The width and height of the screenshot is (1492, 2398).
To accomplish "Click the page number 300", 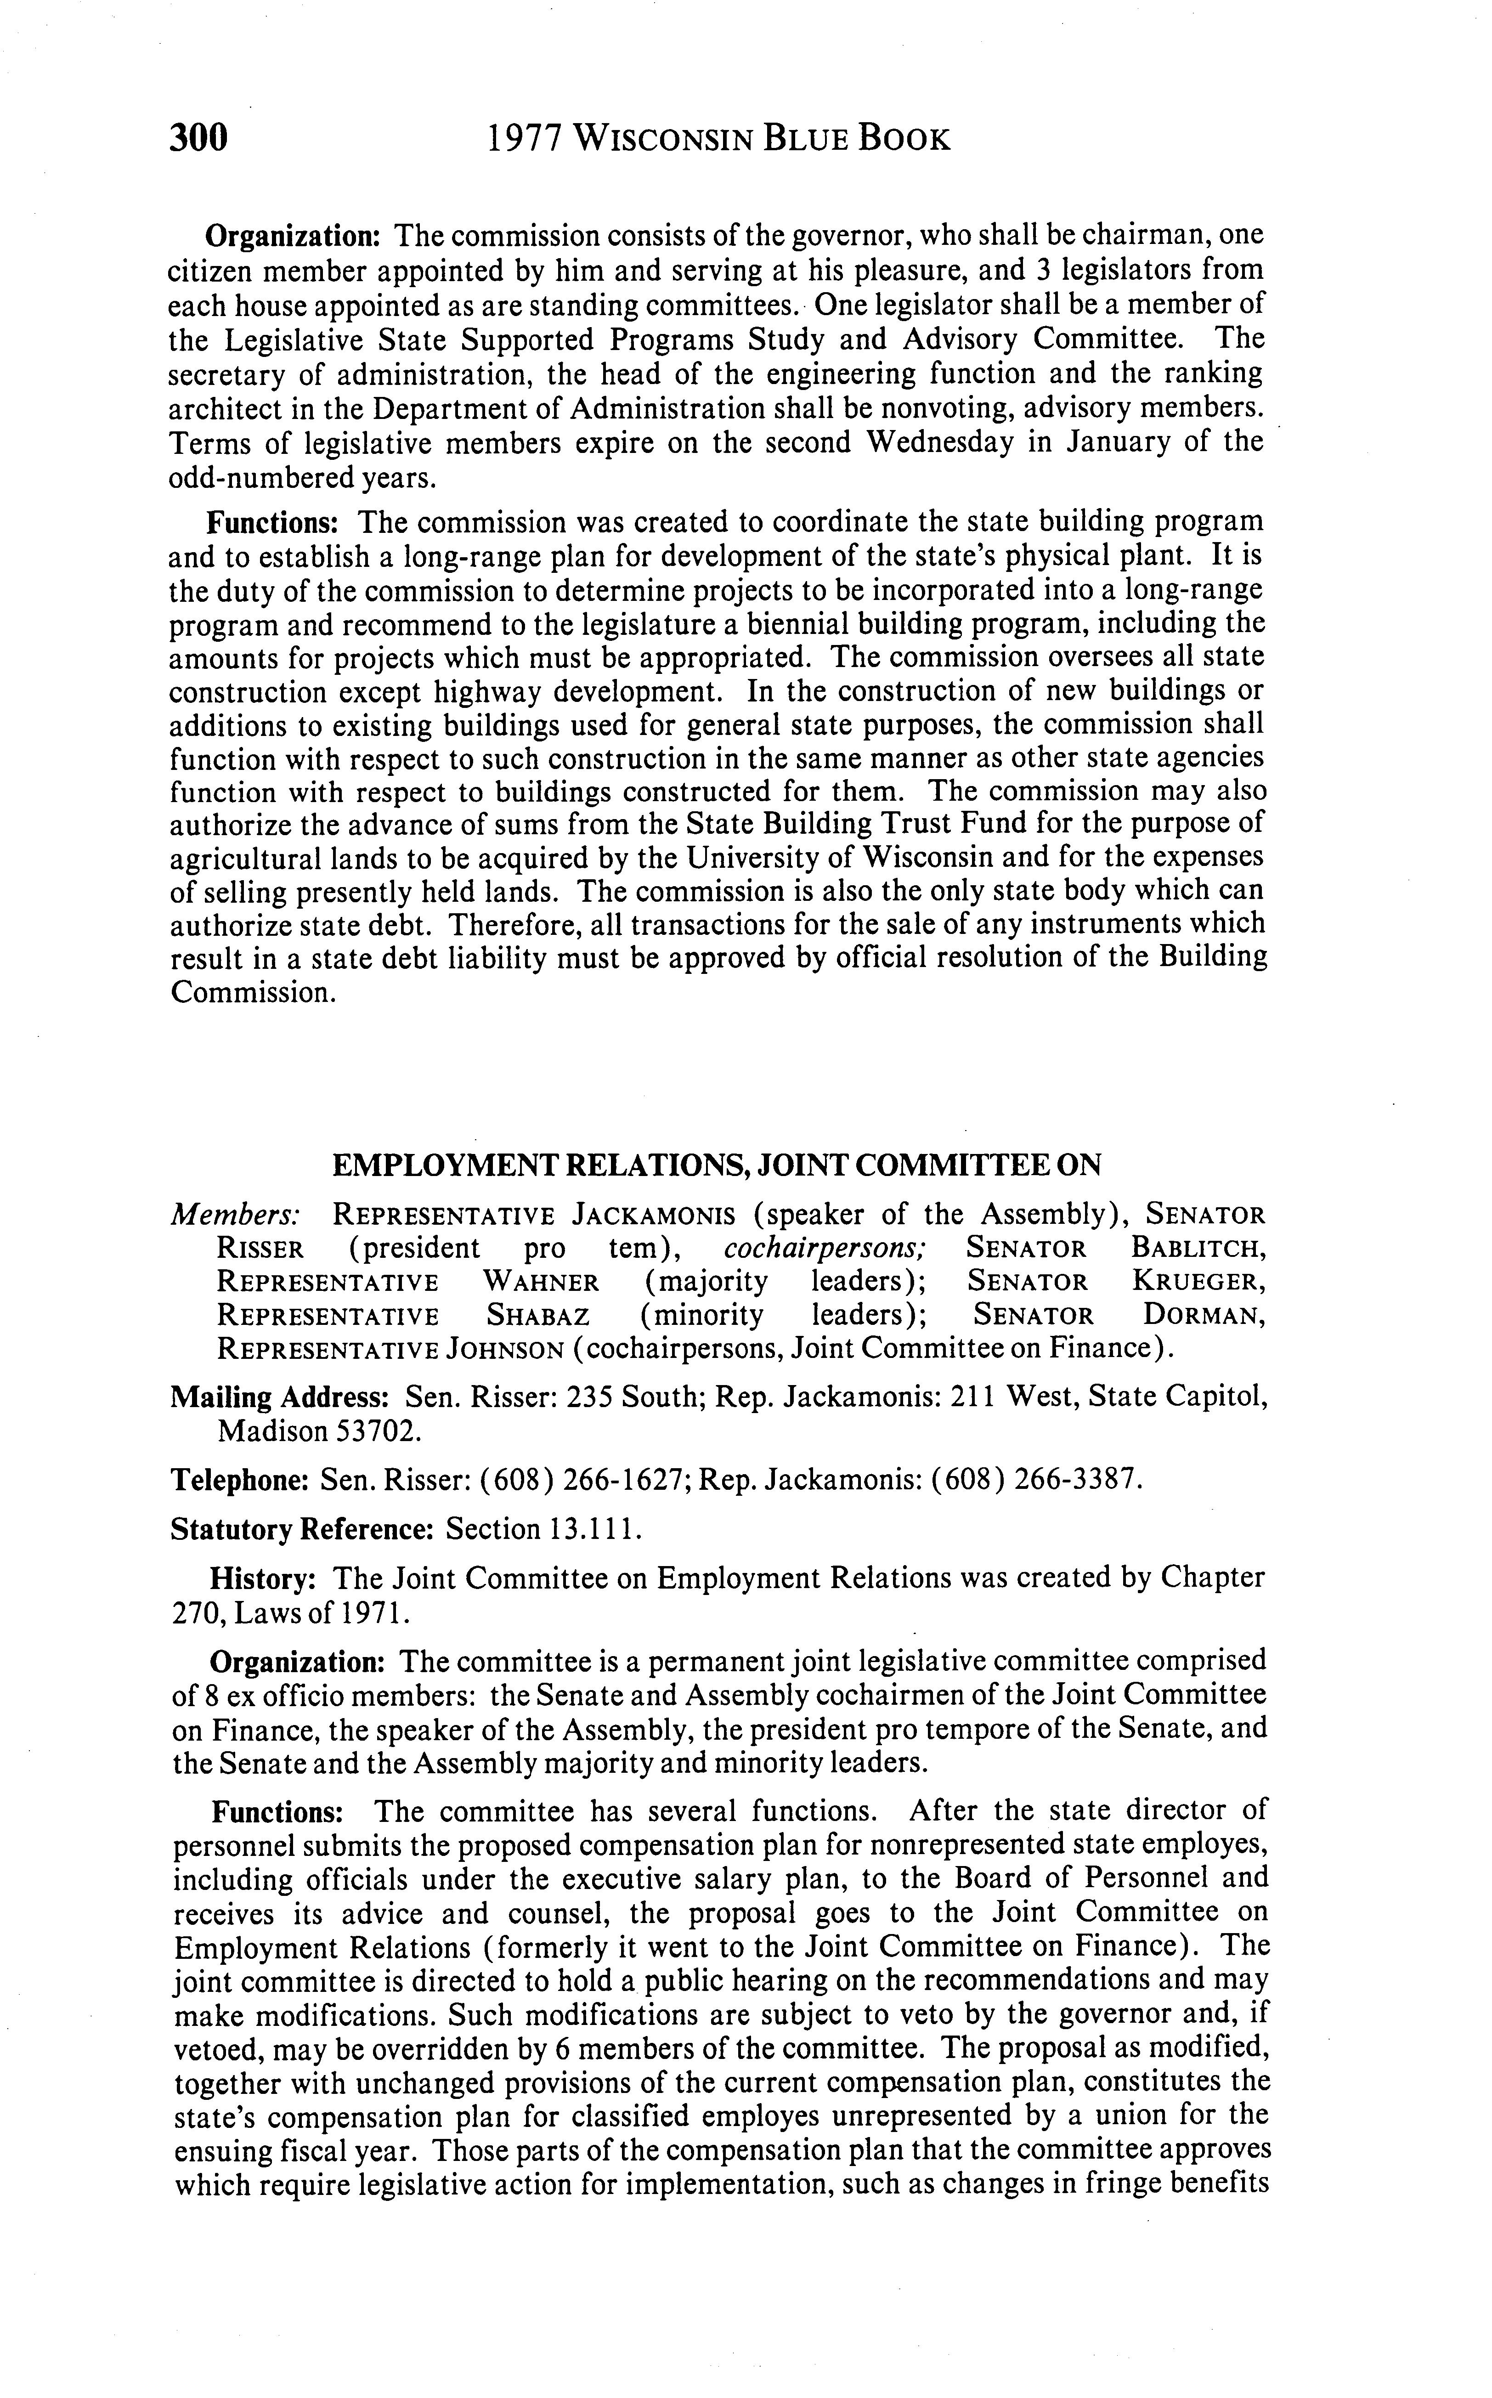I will [198, 138].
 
